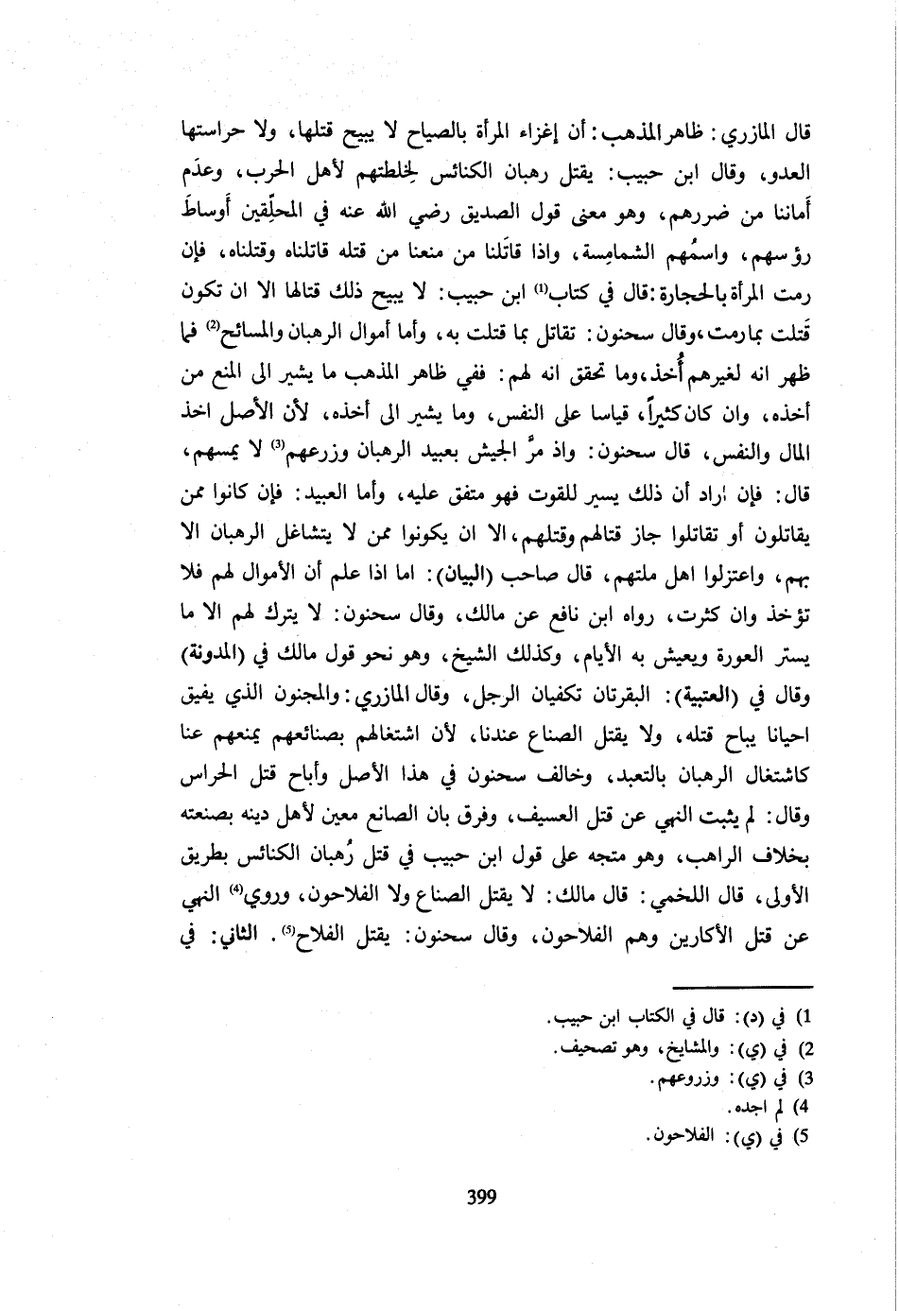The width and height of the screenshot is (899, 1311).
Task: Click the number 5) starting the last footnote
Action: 807,1138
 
